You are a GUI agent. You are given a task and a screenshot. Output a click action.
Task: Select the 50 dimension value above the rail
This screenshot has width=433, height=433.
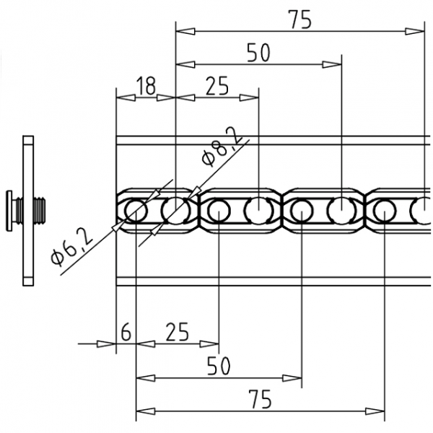(x=258, y=53)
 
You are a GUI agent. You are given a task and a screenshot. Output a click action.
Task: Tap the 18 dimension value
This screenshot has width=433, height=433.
(x=145, y=86)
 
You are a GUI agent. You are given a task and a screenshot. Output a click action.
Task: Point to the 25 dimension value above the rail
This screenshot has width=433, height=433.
(x=216, y=86)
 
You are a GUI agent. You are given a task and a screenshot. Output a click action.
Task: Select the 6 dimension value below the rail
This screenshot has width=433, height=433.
(x=126, y=333)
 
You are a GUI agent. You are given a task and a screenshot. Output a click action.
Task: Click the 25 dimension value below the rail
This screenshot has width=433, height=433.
(x=177, y=333)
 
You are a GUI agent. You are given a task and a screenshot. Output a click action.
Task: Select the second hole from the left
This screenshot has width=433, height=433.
(x=175, y=211)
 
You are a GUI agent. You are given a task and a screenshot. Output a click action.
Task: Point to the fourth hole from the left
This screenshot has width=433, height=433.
(x=258, y=211)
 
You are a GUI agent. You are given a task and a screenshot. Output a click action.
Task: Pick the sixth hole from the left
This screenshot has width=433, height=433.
(x=341, y=211)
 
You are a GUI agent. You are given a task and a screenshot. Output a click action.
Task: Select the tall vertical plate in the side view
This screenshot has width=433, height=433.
(x=29, y=209)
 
